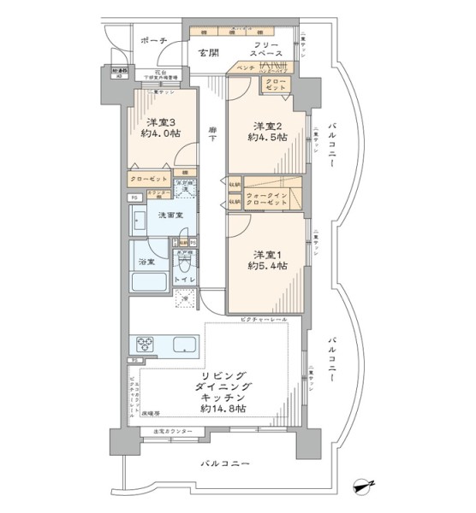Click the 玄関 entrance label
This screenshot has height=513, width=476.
tap(209, 52)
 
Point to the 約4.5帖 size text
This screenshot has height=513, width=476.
tap(265, 136)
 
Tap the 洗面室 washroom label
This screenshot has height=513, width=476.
tap(168, 215)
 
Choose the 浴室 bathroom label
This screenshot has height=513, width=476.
tap(146, 262)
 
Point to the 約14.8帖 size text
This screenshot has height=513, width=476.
tap(224, 410)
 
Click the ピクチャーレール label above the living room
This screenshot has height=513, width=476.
tap(268, 319)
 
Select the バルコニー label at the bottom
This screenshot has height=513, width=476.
tap(225, 463)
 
